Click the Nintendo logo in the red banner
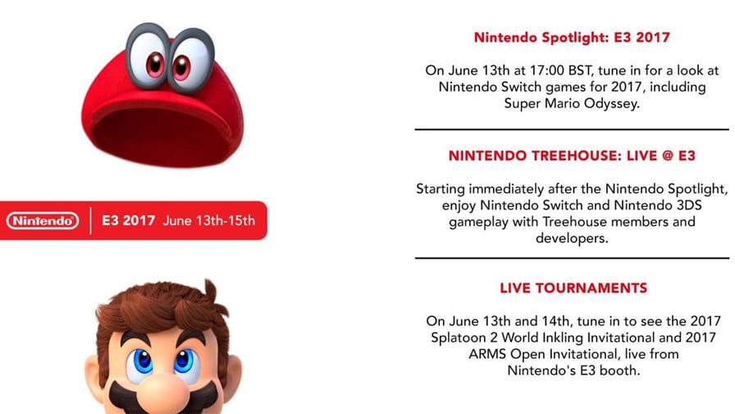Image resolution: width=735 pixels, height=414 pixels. (43, 221)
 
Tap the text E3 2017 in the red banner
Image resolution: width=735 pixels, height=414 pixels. (129, 221)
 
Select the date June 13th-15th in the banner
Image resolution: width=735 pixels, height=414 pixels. (209, 221)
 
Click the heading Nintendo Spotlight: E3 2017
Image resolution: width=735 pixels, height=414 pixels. (572, 38)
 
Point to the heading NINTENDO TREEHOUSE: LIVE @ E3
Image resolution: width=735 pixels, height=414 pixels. (572, 156)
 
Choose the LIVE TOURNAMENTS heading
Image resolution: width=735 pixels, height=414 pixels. (573, 287)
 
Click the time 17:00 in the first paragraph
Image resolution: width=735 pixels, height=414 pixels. (547, 71)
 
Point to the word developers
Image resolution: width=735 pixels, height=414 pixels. (572, 238)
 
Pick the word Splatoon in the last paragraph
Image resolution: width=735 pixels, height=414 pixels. (458, 338)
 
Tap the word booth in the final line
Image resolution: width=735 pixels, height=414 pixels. (620, 370)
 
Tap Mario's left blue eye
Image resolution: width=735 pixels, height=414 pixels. (141, 360)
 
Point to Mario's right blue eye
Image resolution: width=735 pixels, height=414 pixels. (185, 360)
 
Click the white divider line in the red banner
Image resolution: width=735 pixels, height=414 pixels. (90, 221)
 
